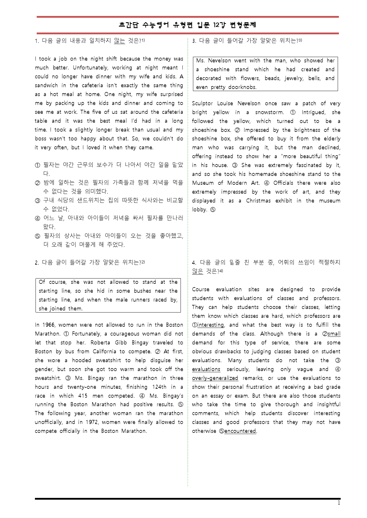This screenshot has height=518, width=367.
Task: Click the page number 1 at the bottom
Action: pyautogui.click(x=339, y=503)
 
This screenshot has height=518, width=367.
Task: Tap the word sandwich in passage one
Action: pyautogui.click(x=46, y=85)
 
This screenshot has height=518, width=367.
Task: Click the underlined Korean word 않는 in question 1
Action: pyautogui.click(x=119, y=41)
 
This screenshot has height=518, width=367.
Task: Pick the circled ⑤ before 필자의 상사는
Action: pyautogui.click(x=37, y=236)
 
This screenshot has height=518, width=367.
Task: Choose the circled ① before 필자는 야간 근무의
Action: pyautogui.click(x=37, y=165)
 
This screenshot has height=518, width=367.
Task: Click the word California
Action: pyautogui.click(x=104, y=352)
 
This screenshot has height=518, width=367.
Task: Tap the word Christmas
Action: pyautogui.click(x=258, y=201)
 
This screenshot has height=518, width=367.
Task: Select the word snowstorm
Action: pyautogui.click(x=269, y=112)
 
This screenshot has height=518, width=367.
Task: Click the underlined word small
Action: pyautogui.click(x=334, y=334)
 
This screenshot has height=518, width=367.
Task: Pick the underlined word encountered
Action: pyautogui.click(x=240, y=431)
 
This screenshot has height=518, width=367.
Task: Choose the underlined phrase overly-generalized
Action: pyautogui.click(x=215, y=378)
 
